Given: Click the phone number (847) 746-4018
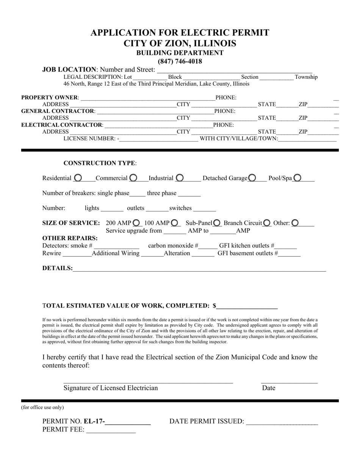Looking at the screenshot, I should (180, 61).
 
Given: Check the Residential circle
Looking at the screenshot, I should (78, 178).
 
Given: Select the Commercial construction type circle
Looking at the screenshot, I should (133, 178).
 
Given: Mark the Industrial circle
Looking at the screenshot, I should (180, 178).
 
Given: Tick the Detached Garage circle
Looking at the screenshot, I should (252, 178).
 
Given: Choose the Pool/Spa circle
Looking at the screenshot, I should (297, 178).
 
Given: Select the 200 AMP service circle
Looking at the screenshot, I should (136, 223).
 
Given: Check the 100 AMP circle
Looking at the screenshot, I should (175, 223).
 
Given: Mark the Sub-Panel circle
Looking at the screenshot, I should (217, 223).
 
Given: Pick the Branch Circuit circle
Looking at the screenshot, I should (267, 223).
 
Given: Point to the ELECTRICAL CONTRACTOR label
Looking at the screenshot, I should (62, 125).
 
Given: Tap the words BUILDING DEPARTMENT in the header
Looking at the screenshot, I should (180, 53).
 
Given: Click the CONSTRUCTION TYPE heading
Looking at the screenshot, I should (100, 163).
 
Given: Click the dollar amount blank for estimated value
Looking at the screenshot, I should (247, 306).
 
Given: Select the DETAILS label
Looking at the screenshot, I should (57, 268).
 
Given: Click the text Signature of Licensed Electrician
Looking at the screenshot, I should (111, 388).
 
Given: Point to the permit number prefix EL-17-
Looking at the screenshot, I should (95, 421).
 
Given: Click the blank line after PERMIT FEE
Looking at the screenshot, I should (111, 430).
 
